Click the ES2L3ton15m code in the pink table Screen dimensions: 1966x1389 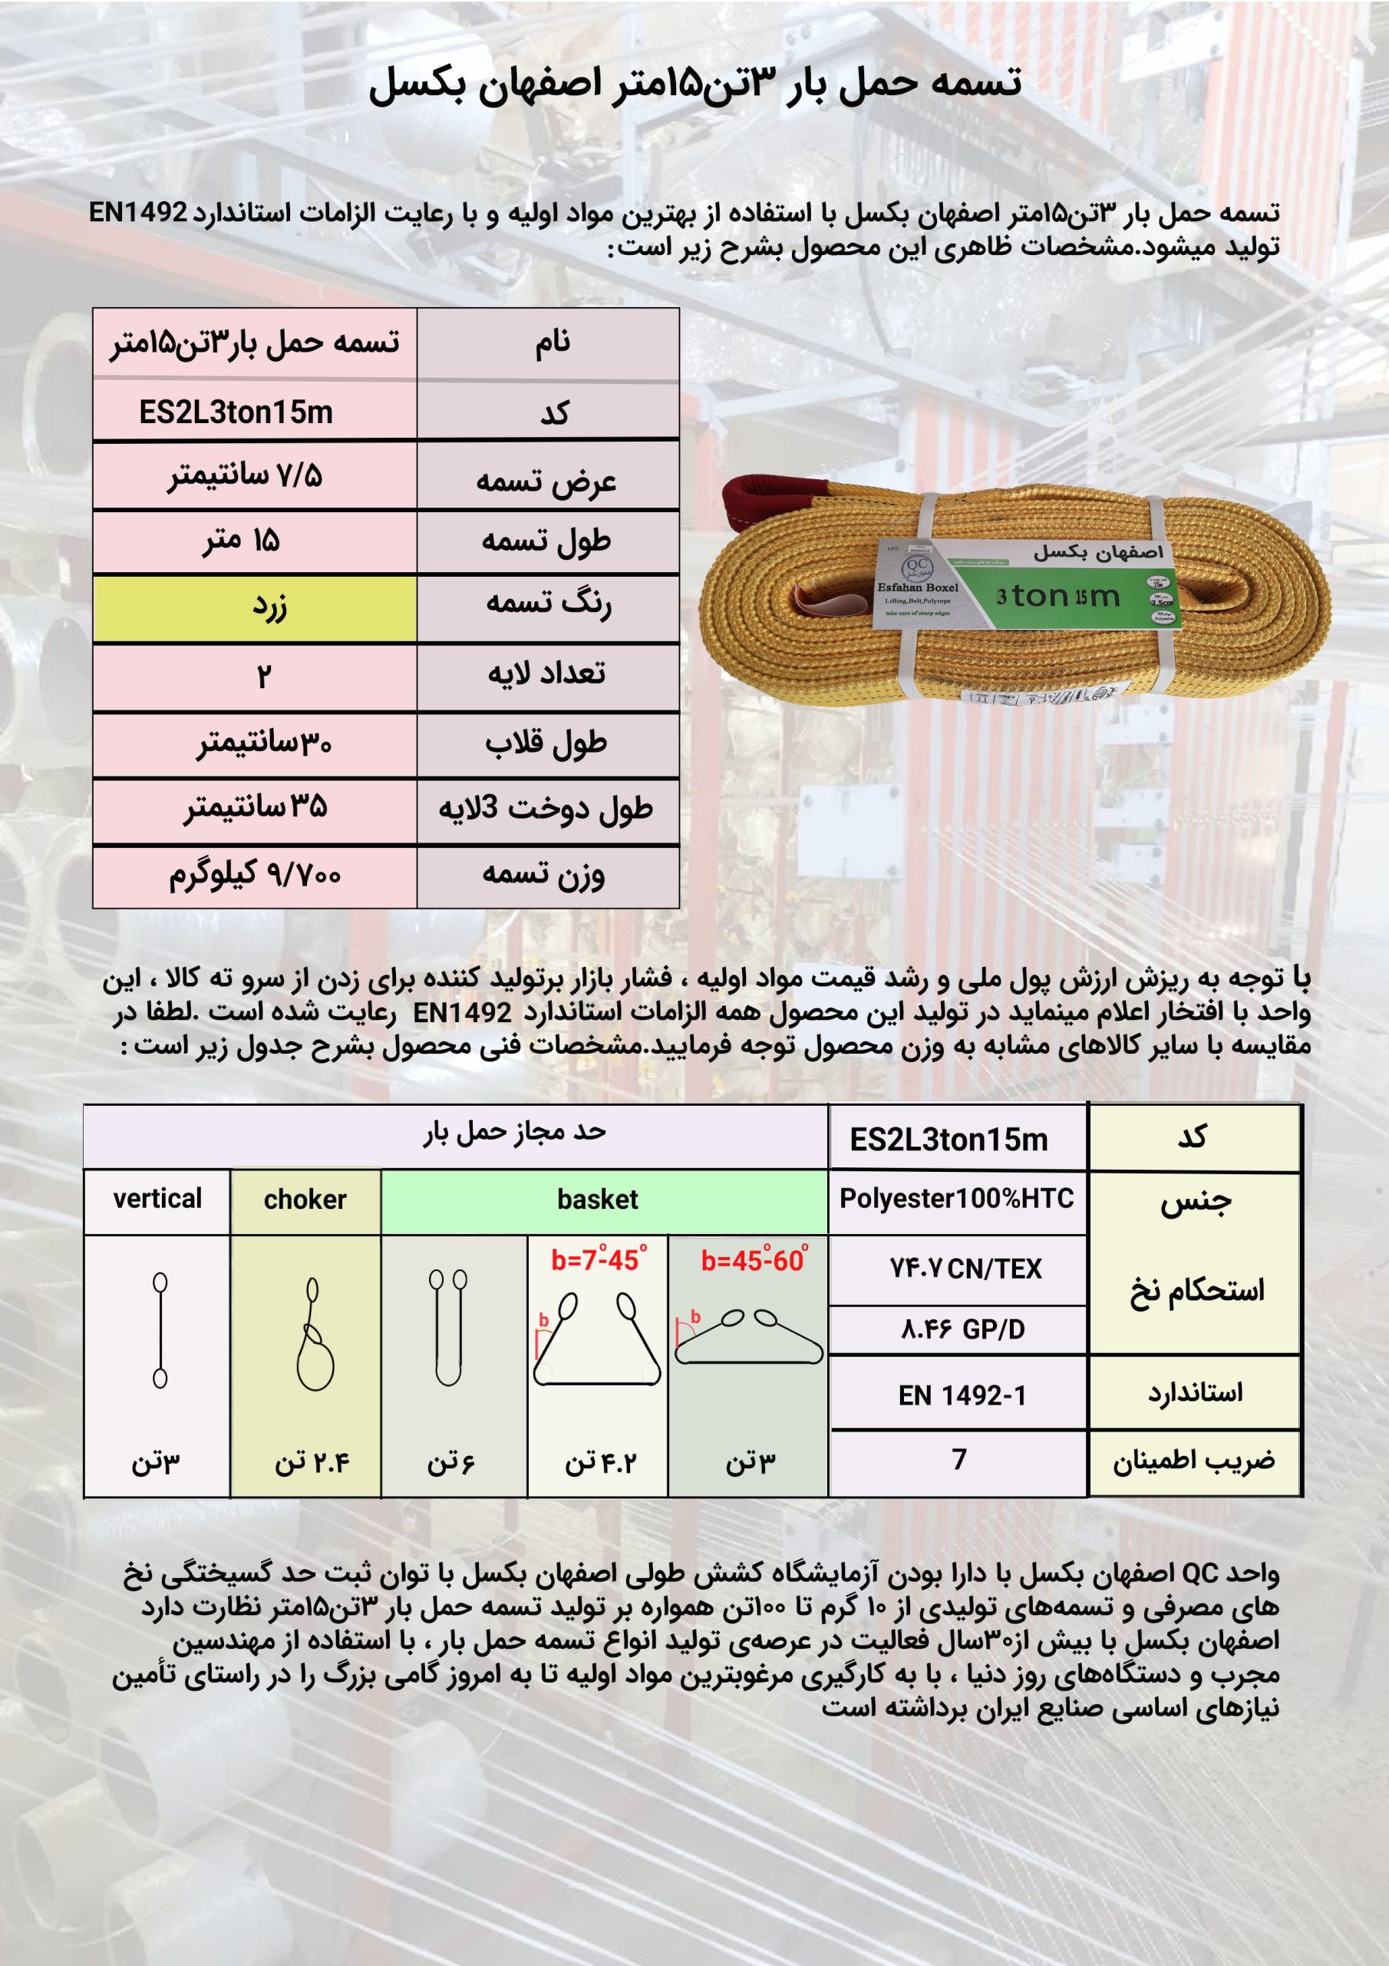236,412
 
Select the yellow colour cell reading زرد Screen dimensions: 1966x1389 255,608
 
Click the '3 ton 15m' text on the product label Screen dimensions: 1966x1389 1057,596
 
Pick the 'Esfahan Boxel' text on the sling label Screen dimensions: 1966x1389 918,587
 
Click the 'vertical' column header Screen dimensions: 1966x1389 157,1199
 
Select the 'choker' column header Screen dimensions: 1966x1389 305,1200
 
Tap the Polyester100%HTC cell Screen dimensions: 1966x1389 956,1199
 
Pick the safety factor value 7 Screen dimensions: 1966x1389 959,1460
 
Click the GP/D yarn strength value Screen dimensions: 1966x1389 962,1330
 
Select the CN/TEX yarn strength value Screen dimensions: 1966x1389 965,1269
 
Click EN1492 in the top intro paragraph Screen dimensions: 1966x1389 138,213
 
